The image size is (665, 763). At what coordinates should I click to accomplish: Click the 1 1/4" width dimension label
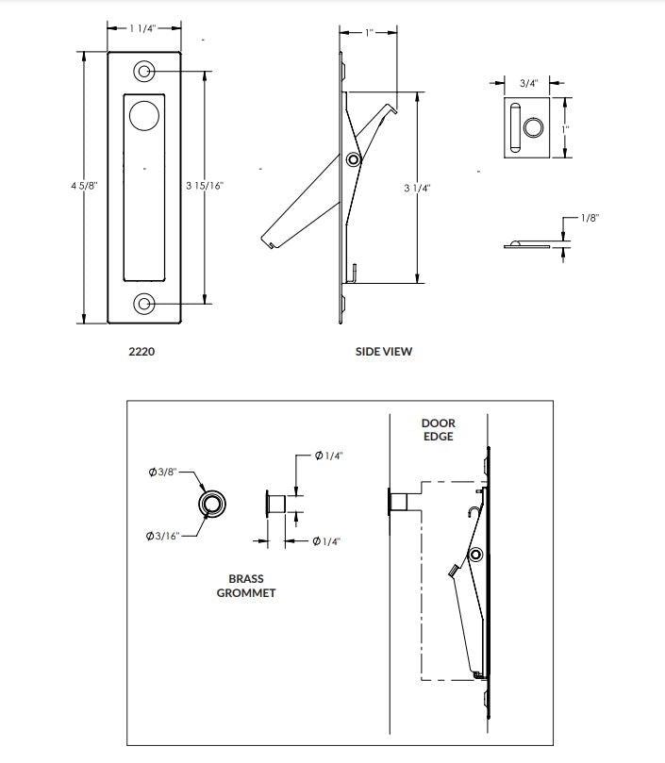pyautogui.click(x=144, y=28)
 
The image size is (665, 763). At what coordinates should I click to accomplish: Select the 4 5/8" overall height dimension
pyautogui.click(x=83, y=187)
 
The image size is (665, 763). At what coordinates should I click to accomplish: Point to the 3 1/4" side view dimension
pyautogui.click(x=416, y=189)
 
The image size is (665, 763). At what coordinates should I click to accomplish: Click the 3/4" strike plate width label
pyautogui.click(x=529, y=83)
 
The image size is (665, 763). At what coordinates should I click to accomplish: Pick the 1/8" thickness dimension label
pyautogui.click(x=589, y=218)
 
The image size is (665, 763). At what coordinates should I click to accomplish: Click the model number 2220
pyautogui.click(x=141, y=352)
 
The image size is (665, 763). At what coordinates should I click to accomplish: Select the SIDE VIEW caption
pyautogui.click(x=383, y=352)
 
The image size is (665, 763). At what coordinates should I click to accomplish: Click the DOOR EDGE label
pyautogui.click(x=438, y=430)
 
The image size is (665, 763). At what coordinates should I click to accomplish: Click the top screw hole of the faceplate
pyautogui.click(x=145, y=71)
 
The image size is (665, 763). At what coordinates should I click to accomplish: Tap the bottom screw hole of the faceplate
pyautogui.click(x=145, y=304)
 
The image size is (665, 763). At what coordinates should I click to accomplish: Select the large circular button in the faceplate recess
pyautogui.click(x=144, y=116)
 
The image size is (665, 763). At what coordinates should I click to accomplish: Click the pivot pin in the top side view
pyautogui.click(x=353, y=160)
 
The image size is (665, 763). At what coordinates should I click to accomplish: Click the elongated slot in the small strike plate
pyautogui.click(x=514, y=128)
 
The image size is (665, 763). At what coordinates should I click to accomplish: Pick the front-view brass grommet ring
pyautogui.click(x=212, y=504)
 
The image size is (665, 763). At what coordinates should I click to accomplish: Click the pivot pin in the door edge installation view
pyautogui.click(x=477, y=554)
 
